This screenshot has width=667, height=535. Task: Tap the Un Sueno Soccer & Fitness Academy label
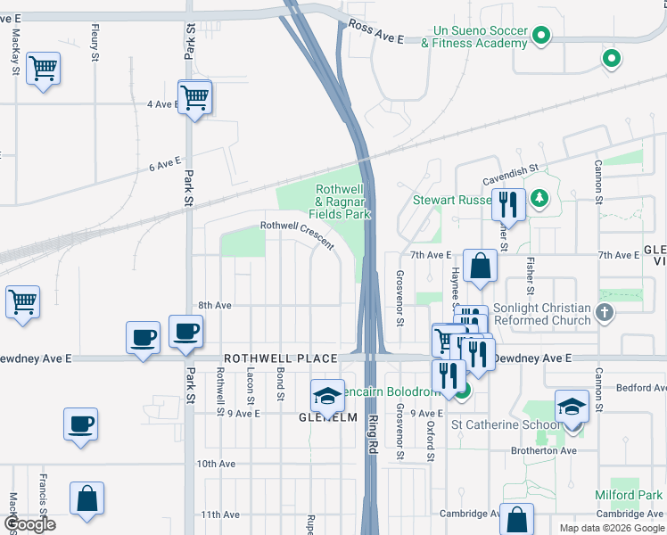point(473,36)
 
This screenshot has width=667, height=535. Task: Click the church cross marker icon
point(605,312)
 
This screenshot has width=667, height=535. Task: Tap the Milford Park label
point(629,494)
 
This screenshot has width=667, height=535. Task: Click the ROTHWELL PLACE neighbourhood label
point(280,358)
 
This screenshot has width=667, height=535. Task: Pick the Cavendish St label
point(510,168)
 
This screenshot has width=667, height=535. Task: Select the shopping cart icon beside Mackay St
point(43,69)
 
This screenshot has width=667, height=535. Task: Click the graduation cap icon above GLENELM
point(327,394)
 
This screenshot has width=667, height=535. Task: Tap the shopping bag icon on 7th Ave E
point(480,265)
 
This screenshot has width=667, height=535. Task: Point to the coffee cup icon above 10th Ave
point(80,423)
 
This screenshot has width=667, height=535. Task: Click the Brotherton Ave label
point(544,451)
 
